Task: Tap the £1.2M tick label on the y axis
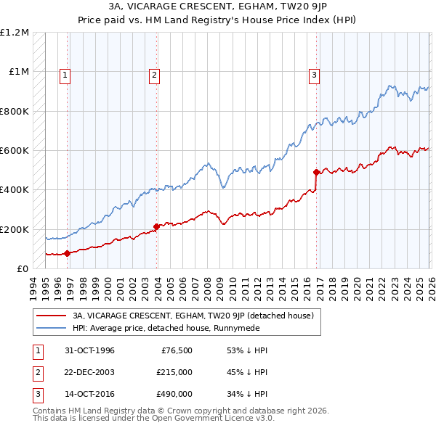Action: (15, 33)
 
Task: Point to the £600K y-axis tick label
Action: (15, 151)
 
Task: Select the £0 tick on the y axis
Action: (22, 269)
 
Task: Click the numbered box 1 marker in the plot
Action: (65, 73)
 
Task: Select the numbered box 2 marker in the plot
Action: (155, 73)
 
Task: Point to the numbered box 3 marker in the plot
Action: (315, 73)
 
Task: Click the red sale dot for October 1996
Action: (68, 253)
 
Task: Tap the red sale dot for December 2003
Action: (157, 226)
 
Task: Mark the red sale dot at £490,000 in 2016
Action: (316, 172)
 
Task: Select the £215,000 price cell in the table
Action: (174, 373)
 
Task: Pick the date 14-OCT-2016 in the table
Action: (89, 395)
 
